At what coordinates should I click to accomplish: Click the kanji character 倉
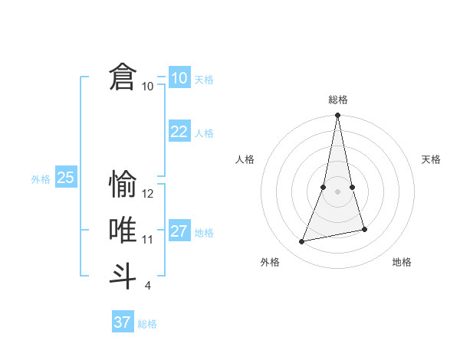(x=123, y=77)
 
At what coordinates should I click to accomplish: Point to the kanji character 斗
(x=123, y=277)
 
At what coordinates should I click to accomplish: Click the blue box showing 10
(x=179, y=77)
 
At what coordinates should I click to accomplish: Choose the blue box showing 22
(x=179, y=132)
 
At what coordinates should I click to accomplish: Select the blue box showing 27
(x=179, y=231)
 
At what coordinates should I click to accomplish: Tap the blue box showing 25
(x=65, y=178)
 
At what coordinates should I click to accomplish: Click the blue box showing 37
(x=123, y=322)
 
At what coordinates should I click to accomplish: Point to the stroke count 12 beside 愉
(x=148, y=194)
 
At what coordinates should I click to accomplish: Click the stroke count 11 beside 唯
(x=148, y=240)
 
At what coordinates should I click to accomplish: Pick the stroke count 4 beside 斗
(x=148, y=286)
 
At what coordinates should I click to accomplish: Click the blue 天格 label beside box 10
(x=204, y=80)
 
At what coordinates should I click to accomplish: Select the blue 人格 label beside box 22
(x=204, y=133)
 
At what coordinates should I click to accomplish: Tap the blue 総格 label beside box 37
(x=147, y=324)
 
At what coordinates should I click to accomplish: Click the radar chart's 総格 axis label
(x=337, y=100)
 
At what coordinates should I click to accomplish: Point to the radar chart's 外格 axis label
(x=270, y=262)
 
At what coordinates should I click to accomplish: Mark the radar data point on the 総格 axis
(x=337, y=116)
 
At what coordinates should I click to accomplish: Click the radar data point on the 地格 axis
(x=364, y=229)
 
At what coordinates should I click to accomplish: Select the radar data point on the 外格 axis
(x=302, y=242)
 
